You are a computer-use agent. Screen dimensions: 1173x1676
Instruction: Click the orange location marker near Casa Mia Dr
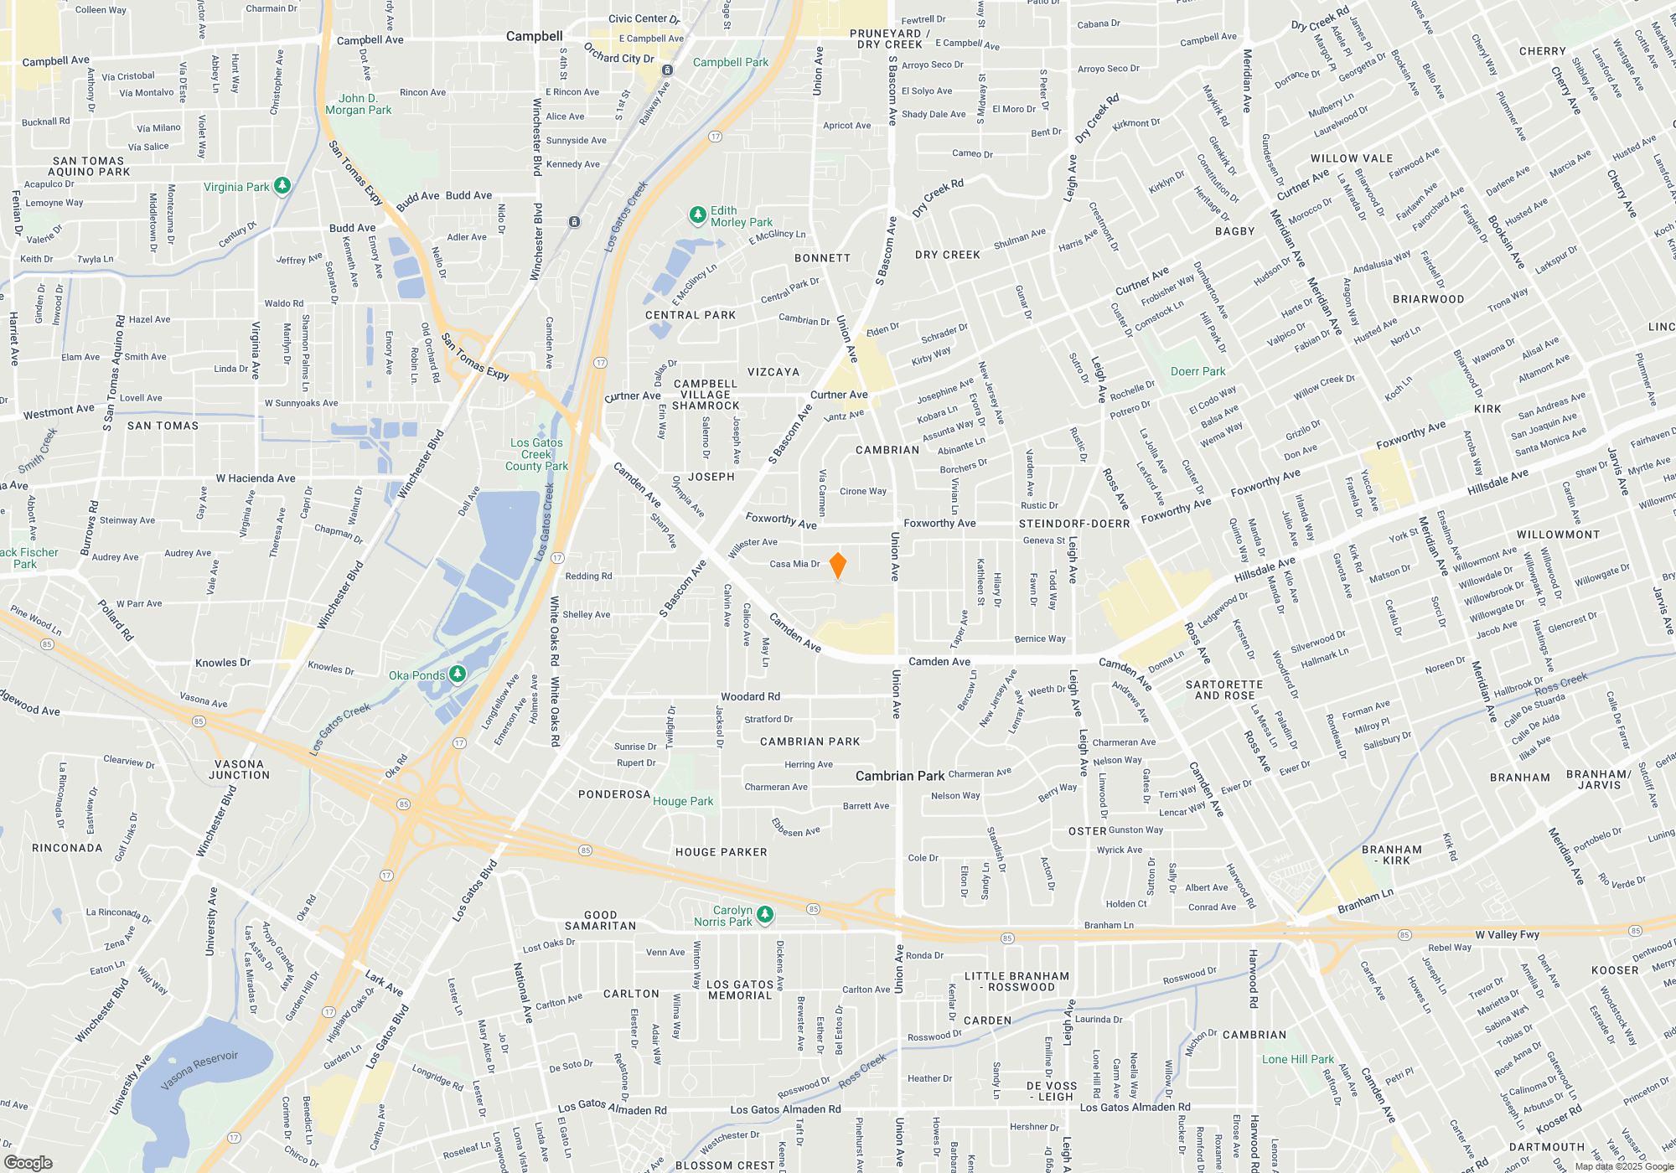(x=837, y=565)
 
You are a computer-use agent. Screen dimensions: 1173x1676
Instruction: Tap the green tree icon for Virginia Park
(x=282, y=185)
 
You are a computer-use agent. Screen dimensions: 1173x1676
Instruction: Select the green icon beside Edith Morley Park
(x=697, y=215)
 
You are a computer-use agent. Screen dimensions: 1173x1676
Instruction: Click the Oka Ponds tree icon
(x=457, y=674)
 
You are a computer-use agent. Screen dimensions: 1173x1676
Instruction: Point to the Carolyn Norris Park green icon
(x=764, y=915)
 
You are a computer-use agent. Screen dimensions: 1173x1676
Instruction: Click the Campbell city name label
(x=534, y=36)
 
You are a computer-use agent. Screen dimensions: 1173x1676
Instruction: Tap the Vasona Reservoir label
(x=199, y=1070)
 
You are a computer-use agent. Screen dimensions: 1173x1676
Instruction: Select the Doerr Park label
(x=1198, y=371)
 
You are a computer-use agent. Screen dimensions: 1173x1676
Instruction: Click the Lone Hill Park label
(x=1298, y=1059)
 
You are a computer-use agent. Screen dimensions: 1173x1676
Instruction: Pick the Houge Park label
(x=683, y=801)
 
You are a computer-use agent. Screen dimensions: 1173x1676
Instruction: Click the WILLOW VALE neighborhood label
(x=1352, y=158)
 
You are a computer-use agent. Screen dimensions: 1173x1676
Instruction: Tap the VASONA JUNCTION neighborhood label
(x=239, y=769)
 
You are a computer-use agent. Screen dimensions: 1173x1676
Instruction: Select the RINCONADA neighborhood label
(x=67, y=848)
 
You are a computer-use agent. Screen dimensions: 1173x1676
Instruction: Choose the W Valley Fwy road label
(x=1507, y=934)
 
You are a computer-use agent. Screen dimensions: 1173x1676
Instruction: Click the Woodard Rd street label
(x=750, y=696)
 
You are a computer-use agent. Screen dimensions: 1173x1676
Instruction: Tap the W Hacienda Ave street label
(x=256, y=478)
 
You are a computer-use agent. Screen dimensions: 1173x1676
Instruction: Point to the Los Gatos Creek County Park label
(x=536, y=454)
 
